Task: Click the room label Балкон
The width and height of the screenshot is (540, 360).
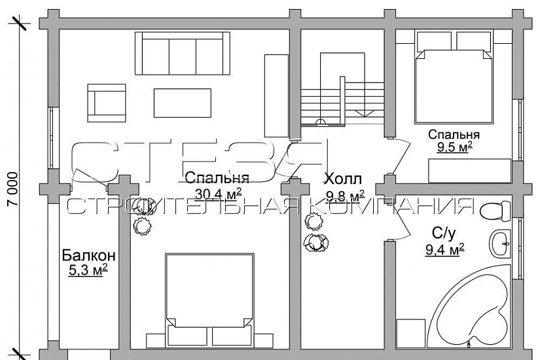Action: coord(89,255)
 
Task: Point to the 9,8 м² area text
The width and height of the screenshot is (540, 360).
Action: coord(345,196)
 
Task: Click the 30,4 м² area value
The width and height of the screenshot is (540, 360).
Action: coord(218,192)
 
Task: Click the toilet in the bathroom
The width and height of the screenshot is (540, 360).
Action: coord(494,211)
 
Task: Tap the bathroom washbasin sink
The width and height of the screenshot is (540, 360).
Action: coord(501,243)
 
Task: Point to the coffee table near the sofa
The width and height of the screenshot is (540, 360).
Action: coord(183,103)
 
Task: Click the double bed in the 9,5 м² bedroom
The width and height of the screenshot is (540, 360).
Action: coord(453,79)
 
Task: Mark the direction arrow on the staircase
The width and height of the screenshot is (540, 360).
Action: coord(359,113)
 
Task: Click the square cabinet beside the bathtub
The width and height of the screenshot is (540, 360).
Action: coord(411,333)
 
